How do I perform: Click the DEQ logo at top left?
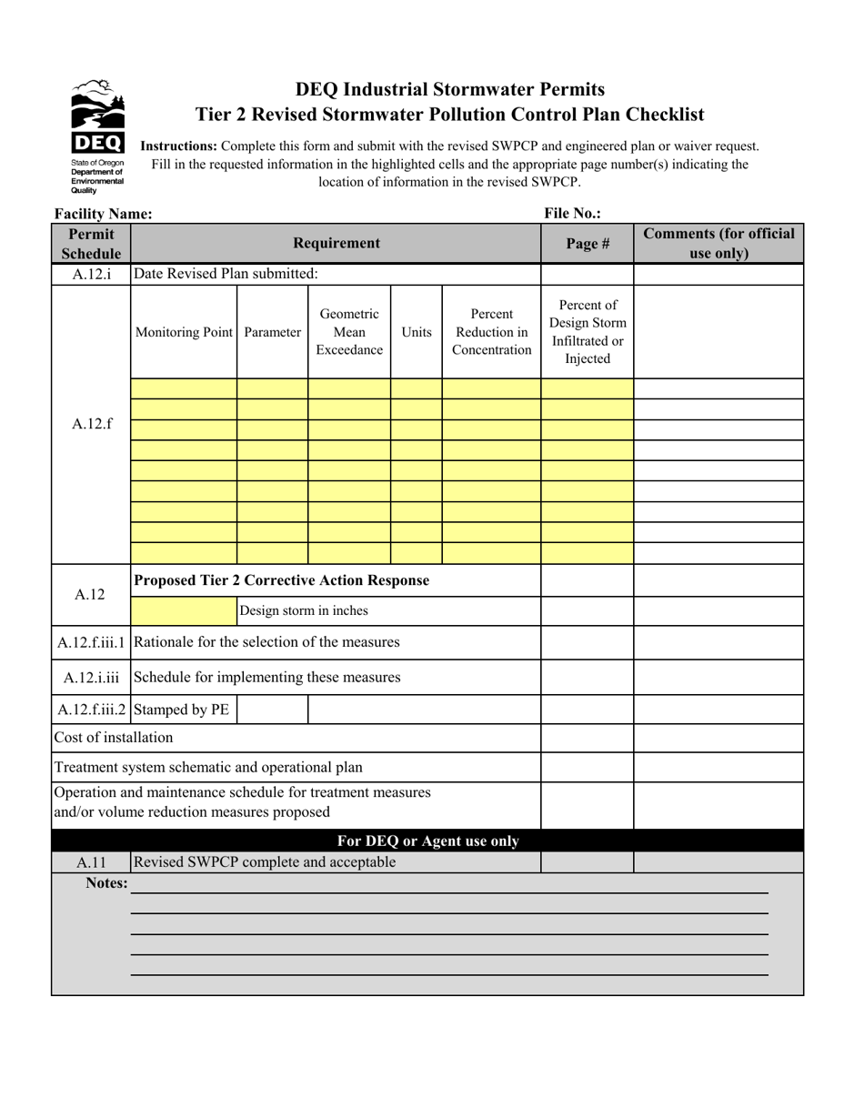coord(97,135)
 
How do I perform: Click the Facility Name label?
coord(104,214)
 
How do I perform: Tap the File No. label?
coord(572,214)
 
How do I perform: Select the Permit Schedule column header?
coord(91,244)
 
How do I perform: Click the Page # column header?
coord(587,244)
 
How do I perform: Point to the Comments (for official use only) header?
coord(718,244)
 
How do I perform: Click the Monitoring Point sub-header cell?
coord(184,332)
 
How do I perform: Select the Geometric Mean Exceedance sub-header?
coord(349,332)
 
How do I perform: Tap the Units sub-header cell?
coord(417,332)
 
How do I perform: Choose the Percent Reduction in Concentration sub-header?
coord(491,332)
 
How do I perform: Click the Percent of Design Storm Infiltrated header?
coord(587,332)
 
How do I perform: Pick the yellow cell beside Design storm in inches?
coord(184,611)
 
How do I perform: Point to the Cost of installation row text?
coord(114,738)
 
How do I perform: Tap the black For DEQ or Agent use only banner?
coord(427,841)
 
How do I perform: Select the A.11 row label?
coord(91,862)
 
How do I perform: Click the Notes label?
coord(106,883)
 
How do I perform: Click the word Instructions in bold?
coord(178,146)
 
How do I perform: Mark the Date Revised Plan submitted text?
coord(226,274)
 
